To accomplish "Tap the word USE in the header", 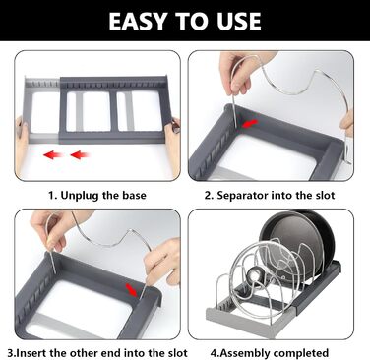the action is point(237,22).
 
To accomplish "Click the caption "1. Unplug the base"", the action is point(97,195).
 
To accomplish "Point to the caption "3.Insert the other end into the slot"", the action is point(97,353).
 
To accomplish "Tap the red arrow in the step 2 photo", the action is point(250,124).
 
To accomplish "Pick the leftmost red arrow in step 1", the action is point(53,154).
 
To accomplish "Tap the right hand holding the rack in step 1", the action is point(173,145).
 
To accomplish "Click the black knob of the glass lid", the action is point(254,274).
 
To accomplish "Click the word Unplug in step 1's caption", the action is point(80,196).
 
